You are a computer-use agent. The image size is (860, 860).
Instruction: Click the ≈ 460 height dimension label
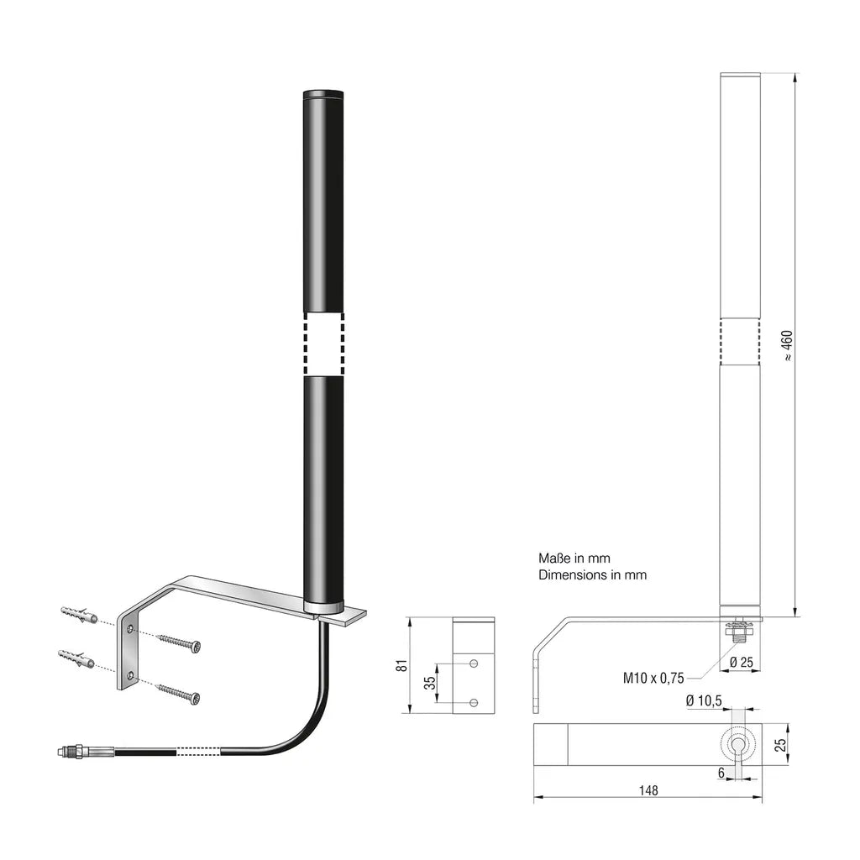pos(787,345)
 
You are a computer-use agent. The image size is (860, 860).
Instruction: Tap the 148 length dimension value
pos(648,790)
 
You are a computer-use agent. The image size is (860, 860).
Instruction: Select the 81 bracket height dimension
pos(402,665)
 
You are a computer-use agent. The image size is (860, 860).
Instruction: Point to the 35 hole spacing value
pos(429,682)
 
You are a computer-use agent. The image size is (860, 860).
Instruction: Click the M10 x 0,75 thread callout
pos(653,679)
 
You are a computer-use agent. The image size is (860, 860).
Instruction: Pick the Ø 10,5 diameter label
pos(704,700)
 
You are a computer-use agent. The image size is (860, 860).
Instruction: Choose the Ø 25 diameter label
pos(742,662)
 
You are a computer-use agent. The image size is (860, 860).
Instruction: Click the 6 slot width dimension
pos(721,773)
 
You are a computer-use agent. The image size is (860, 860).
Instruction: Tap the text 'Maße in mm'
pos(574,558)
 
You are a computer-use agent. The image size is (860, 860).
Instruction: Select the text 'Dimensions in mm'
pos(592,574)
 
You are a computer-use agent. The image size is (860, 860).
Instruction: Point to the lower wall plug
pos(76,658)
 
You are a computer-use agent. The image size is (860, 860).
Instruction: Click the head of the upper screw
pos(195,648)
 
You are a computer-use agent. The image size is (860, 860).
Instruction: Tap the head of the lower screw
pos(194,698)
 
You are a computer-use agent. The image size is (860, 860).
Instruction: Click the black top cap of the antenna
pos(323,94)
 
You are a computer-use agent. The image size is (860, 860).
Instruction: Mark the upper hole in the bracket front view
pos(475,663)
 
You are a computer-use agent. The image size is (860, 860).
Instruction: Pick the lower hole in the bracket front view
pos(475,703)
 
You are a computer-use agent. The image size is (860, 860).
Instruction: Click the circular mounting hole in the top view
pos(739,744)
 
